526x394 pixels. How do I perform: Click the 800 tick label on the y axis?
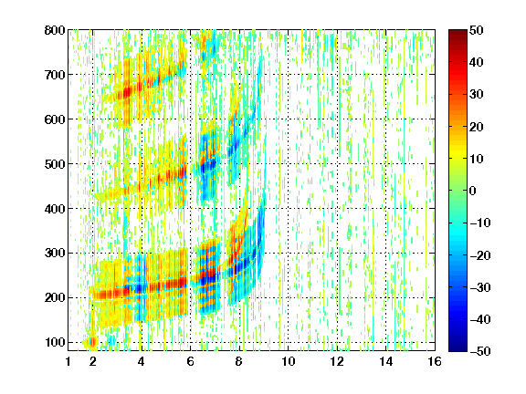click(55, 30)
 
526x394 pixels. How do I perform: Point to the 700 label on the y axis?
click(55, 75)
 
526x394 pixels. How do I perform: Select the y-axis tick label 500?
click(55, 164)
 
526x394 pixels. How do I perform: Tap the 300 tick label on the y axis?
click(55, 254)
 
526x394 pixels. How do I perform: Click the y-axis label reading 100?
click(55, 343)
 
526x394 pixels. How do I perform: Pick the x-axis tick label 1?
click(68, 361)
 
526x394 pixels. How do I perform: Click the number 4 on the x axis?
click(142, 361)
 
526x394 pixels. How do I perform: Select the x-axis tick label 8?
click(238, 361)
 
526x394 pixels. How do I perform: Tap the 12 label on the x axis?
click(337, 361)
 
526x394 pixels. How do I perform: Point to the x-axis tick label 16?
click(435, 361)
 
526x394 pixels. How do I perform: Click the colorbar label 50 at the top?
click(476, 30)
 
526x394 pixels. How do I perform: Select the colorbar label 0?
click(473, 191)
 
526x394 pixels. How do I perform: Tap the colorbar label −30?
click(480, 287)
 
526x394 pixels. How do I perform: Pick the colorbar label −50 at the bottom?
click(480, 351)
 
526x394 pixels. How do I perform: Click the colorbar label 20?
click(476, 127)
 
